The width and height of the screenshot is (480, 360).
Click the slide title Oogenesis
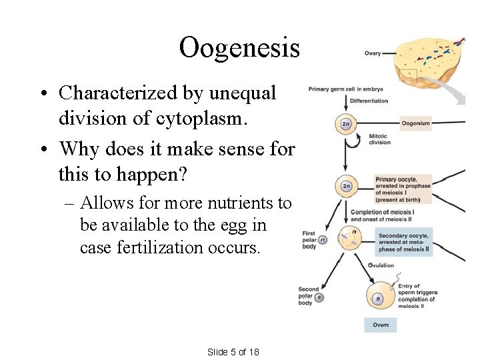[239, 47]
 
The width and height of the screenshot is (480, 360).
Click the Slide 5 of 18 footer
[233, 352]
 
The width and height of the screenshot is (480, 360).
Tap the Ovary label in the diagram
[372, 54]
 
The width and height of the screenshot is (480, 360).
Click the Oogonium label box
[415, 123]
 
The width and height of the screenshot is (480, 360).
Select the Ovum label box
[381, 325]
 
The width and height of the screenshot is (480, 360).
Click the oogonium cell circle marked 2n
[346, 124]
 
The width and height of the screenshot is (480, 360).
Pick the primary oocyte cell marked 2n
[346, 186]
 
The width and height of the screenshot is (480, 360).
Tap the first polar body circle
[322, 240]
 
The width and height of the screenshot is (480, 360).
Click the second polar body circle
[319, 298]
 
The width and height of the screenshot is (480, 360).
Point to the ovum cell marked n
[378, 299]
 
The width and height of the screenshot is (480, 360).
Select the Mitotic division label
[379, 139]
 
